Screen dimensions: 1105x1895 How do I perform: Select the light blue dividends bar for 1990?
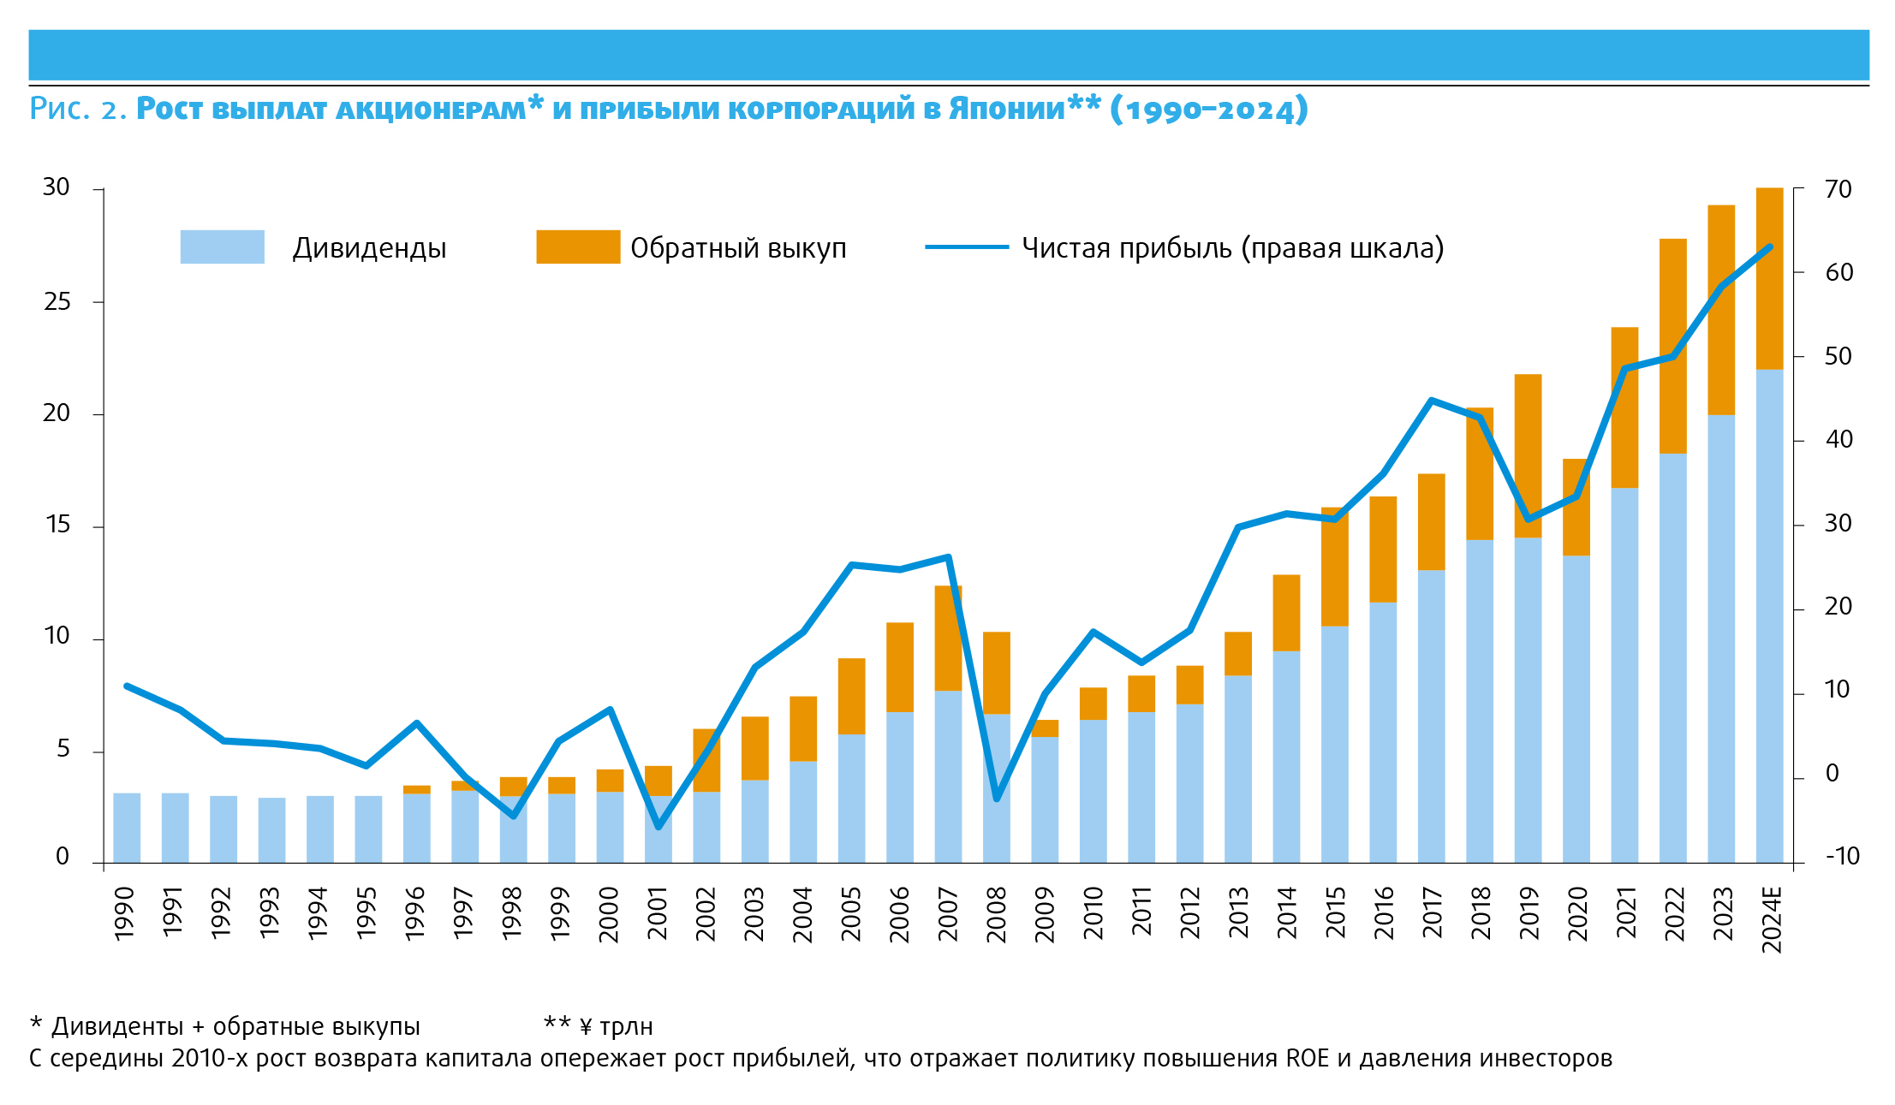(127, 827)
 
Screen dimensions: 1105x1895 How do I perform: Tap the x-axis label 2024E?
(1772, 920)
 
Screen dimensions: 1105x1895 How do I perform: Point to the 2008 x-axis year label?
(997, 914)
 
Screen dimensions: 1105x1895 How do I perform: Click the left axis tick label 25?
(57, 301)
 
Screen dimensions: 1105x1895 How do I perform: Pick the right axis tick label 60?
(1838, 272)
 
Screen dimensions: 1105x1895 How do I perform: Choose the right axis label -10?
(1841, 856)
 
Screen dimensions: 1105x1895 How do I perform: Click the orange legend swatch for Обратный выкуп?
(578, 247)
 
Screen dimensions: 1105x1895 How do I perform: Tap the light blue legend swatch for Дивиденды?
(222, 247)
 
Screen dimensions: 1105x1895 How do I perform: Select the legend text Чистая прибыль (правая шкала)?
(1232, 247)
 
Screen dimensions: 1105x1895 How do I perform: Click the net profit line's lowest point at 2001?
(658, 827)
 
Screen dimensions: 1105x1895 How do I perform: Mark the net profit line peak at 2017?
(1431, 400)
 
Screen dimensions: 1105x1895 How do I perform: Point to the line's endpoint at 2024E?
(1770, 247)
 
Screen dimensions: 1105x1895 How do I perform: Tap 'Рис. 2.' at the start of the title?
(78, 109)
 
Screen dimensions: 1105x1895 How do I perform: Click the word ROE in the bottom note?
(1308, 1059)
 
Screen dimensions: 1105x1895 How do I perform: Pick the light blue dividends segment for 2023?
(1721, 638)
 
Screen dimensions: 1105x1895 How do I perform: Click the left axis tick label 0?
(63, 856)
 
